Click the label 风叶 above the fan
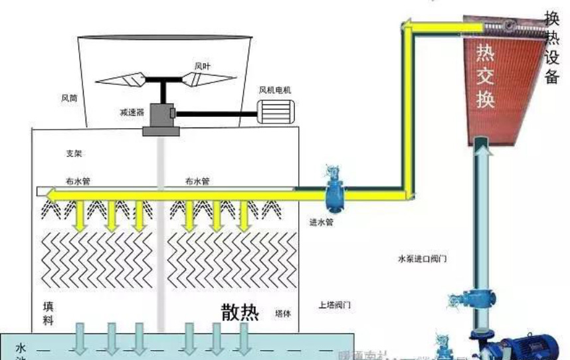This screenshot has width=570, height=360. pyautogui.click(x=203, y=66)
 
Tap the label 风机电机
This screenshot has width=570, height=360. pyautogui.click(x=275, y=90)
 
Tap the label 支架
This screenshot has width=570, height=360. pyautogui.click(x=74, y=153)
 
